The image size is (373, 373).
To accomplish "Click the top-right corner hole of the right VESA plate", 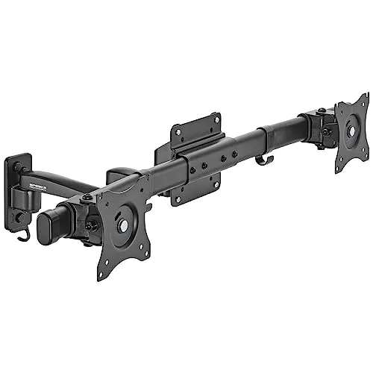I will coord(365,101).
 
